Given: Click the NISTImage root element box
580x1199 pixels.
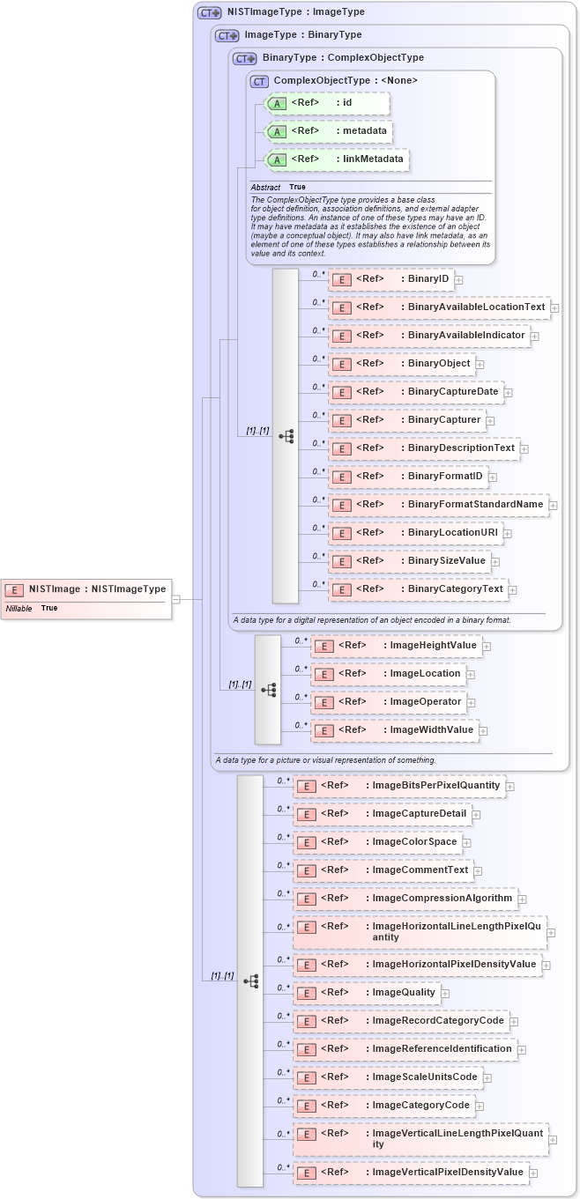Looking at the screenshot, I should click(x=86, y=589).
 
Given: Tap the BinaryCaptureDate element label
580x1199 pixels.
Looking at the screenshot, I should click(x=453, y=392).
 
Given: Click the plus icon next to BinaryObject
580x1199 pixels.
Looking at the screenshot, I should click(x=480, y=364).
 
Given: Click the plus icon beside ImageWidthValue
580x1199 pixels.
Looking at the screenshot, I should click(x=484, y=730).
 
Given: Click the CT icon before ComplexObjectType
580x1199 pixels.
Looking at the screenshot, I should click(x=259, y=81).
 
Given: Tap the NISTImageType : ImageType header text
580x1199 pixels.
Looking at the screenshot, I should click(x=295, y=12).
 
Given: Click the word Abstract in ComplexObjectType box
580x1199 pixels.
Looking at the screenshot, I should click(x=265, y=188).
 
